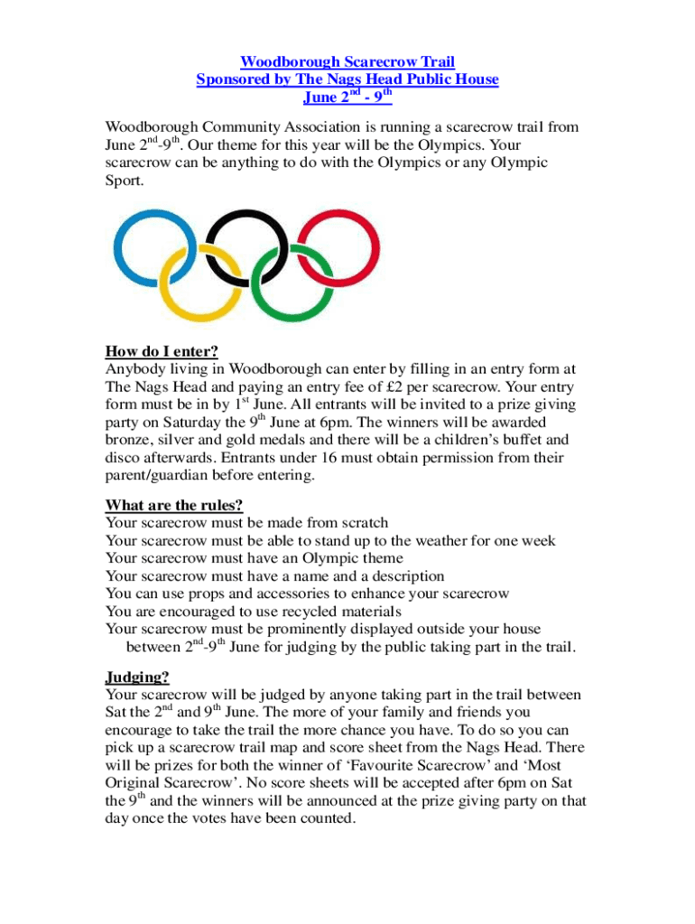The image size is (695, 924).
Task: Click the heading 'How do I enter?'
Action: click(x=162, y=351)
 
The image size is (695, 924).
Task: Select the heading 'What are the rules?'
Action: click(x=174, y=504)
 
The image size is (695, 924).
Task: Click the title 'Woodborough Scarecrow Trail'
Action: click(x=347, y=61)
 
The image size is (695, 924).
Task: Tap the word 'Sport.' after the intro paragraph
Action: click(x=124, y=180)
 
